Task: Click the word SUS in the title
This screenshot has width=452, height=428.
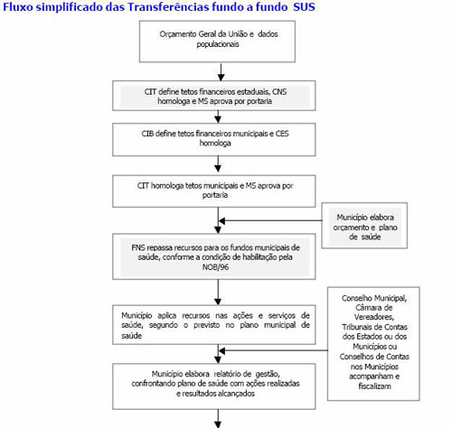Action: [x=305, y=6]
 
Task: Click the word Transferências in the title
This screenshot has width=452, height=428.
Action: [x=168, y=6]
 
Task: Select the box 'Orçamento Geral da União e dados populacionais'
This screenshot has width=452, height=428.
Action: [x=217, y=42]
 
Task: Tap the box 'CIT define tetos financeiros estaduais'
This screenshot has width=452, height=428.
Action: [x=214, y=96]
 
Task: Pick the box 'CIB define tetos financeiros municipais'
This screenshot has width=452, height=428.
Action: [x=214, y=139]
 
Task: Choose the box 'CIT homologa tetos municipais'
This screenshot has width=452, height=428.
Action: [x=214, y=191]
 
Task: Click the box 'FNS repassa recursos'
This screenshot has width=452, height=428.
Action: [x=214, y=256]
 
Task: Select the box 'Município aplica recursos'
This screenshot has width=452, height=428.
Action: [x=214, y=325]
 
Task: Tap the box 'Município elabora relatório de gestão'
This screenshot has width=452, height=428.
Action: [x=214, y=386]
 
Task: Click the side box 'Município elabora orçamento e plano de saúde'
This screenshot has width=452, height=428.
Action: [x=364, y=226]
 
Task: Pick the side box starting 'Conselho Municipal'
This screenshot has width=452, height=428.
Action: [x=373, y=344]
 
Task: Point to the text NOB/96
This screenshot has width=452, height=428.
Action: [x=215, y=267]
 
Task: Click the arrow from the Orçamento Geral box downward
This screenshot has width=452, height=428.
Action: [x=221, y=72]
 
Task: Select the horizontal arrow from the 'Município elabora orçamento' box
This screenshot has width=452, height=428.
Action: [x=270, y=221]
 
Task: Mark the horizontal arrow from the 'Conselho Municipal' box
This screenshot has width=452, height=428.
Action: [x=273, y=350]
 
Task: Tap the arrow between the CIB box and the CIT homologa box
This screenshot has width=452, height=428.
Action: [x=218, y=164]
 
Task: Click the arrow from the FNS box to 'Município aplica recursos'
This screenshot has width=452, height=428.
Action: [x=218, y=293]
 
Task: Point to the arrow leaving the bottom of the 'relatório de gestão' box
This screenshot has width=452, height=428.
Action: [x=218, y=419]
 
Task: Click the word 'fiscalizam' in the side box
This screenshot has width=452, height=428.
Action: [x=374, y=386]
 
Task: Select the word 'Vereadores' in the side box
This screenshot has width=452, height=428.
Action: [x=374, y=317]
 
